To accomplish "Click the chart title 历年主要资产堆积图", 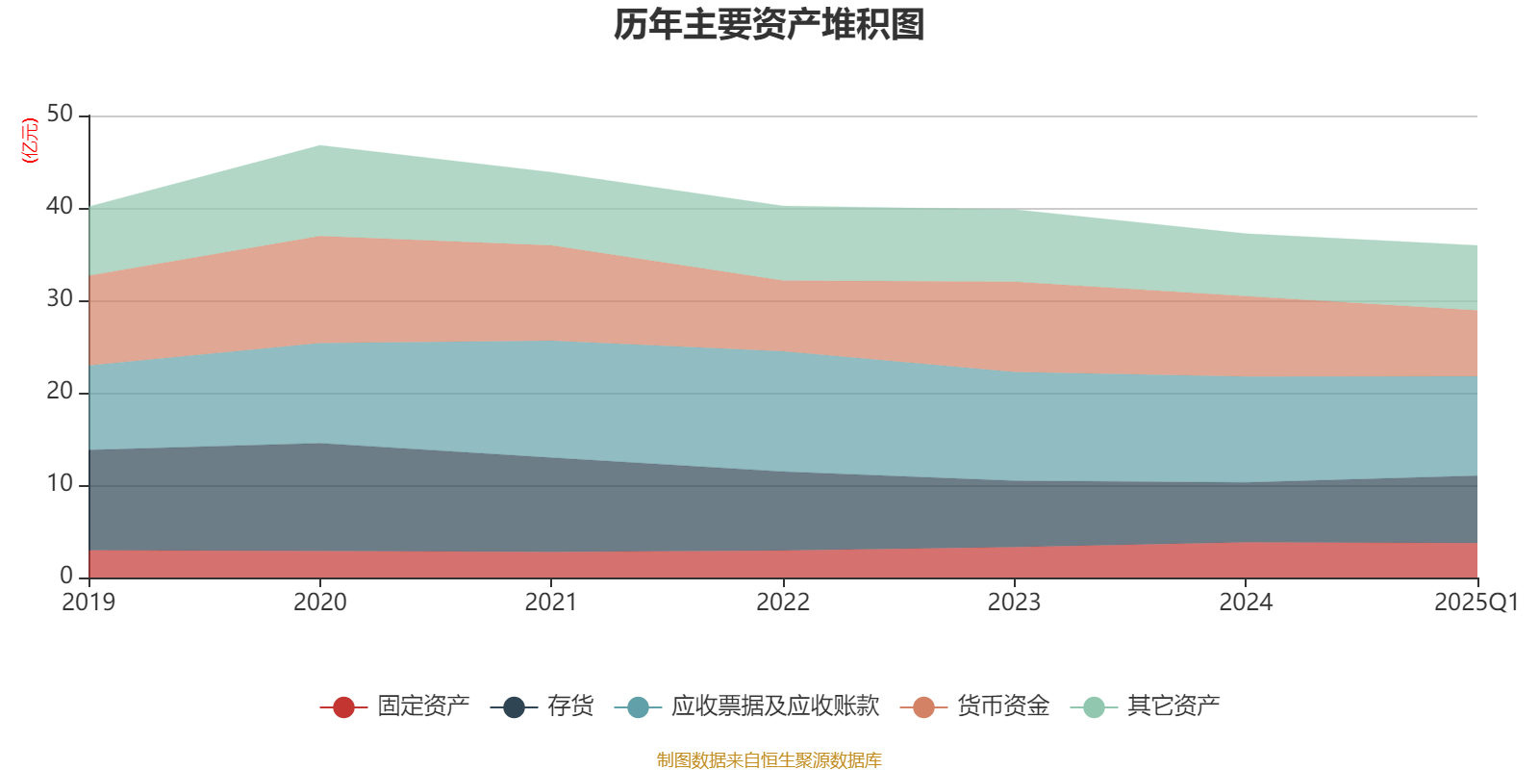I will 769,25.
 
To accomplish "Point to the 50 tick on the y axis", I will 60,114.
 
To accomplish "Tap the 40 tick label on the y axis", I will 60,206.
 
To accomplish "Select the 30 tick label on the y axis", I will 60,298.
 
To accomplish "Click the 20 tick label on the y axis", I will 60,391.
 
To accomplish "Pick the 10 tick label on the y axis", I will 60,483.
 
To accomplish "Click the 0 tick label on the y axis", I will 66,576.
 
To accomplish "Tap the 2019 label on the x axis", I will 88,603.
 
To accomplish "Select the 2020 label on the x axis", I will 320,603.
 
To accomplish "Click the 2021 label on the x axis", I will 551,603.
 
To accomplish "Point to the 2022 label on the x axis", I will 783,603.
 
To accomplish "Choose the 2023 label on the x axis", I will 1014,603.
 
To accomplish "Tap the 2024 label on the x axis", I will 1246,603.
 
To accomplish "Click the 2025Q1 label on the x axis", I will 1476,603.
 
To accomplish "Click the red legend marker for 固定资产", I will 343,707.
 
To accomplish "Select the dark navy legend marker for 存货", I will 514,707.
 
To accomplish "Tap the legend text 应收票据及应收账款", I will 775,706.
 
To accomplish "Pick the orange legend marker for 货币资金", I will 923,707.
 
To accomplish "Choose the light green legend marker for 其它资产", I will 1094,707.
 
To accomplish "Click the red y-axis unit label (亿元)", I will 30,141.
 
